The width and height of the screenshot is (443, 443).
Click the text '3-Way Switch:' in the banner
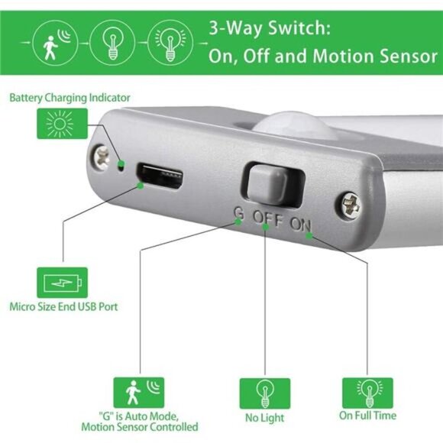[x=269, y=30]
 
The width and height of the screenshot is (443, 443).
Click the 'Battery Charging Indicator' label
[x=70, y=98]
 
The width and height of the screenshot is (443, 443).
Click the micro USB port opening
[x=161, y=177]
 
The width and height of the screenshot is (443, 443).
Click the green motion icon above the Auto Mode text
[x=139, y=392]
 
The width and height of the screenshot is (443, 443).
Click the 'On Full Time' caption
[x=368, y=416]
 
